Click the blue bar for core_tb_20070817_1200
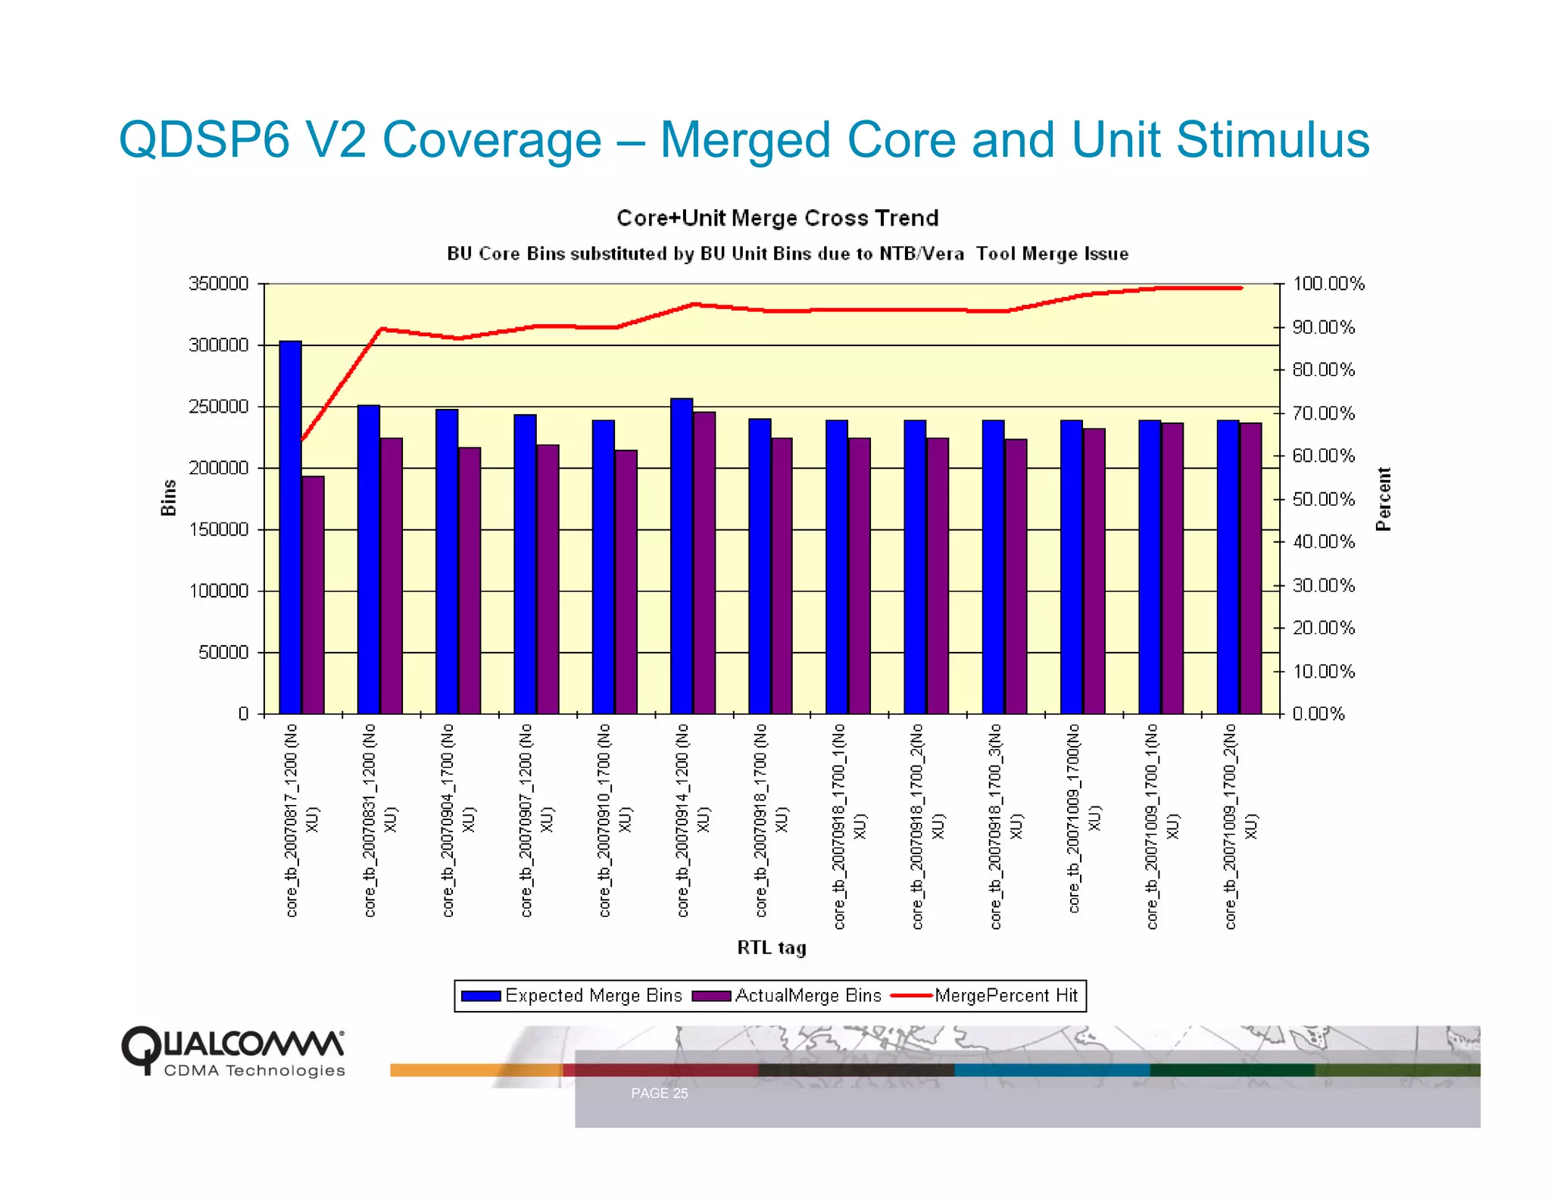click(290, 527)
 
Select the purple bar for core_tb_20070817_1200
click(313, 595)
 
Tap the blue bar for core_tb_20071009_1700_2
click(1228, 566)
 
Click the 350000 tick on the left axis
click(218, 284)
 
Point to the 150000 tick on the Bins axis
click(218, 529)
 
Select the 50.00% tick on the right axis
click(1323, 499)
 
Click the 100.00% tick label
click(1328, 284)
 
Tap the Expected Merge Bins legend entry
click(573, 996)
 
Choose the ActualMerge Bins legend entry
click(788, 996)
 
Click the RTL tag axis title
click(771, 947)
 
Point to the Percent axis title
click(1383, 499)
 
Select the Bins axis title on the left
click(168, 498)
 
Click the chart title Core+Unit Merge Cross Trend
click(777, 218)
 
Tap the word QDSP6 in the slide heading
click(204, 140)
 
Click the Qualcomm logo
click(232, 1051)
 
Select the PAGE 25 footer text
click(659, 1093)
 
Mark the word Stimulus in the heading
click(1272, 140)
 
